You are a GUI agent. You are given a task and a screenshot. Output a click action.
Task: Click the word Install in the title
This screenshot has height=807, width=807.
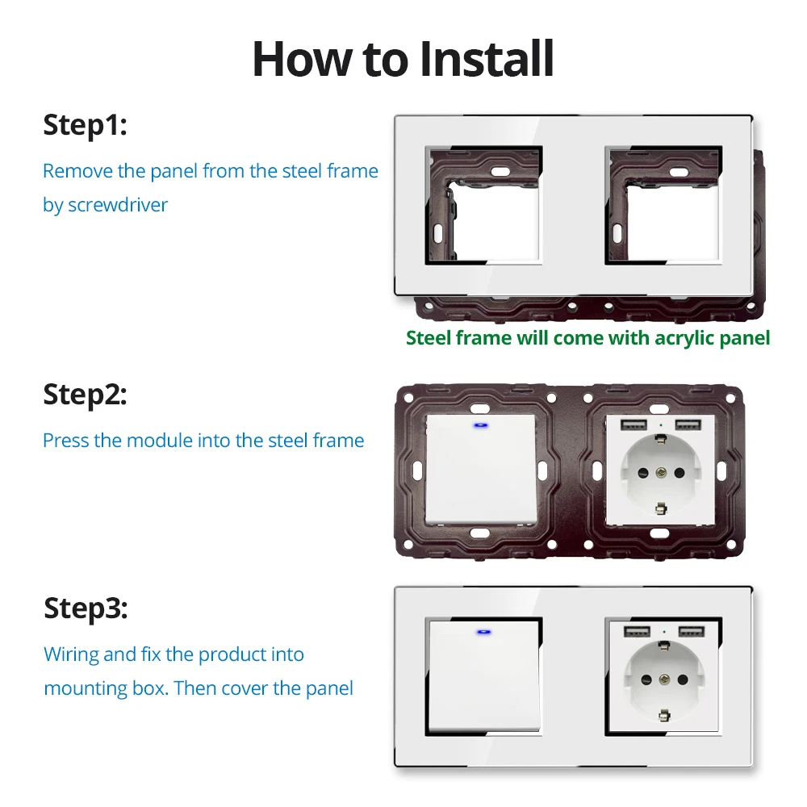click(487, 59)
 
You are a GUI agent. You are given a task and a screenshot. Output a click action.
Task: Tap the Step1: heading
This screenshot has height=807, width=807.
click(85, 126)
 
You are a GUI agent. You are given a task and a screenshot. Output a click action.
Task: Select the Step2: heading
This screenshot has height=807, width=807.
click(85, 395)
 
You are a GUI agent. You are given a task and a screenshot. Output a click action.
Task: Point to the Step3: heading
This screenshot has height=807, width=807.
click(86, 609)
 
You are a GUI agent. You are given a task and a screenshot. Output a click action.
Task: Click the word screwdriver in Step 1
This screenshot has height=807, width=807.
click(118, 205)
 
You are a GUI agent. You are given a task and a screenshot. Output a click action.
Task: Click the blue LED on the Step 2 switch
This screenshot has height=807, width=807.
click(481, 425)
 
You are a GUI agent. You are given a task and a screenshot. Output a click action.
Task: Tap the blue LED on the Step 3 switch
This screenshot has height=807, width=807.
click(483, 632)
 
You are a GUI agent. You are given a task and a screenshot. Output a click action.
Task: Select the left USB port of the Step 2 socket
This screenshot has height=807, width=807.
click(633, 425)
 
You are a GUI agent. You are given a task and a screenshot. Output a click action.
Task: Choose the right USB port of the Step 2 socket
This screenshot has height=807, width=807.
click(688, 425)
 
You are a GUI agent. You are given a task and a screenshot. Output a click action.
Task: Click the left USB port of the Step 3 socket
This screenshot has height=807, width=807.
click(637, 631)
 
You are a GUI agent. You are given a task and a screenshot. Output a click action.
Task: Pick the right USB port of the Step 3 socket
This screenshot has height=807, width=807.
click(692, 631)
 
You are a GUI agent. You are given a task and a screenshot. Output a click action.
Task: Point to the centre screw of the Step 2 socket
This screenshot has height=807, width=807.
click(661, 472)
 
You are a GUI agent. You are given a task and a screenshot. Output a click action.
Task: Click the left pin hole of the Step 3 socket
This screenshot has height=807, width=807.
click(646, 679)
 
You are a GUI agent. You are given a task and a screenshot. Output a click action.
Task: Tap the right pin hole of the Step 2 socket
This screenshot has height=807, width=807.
click(679, 472)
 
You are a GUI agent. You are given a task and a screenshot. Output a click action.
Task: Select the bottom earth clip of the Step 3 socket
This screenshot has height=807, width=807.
click(664, 715)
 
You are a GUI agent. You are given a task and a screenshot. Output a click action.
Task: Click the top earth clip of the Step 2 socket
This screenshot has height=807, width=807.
click(661, 438)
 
